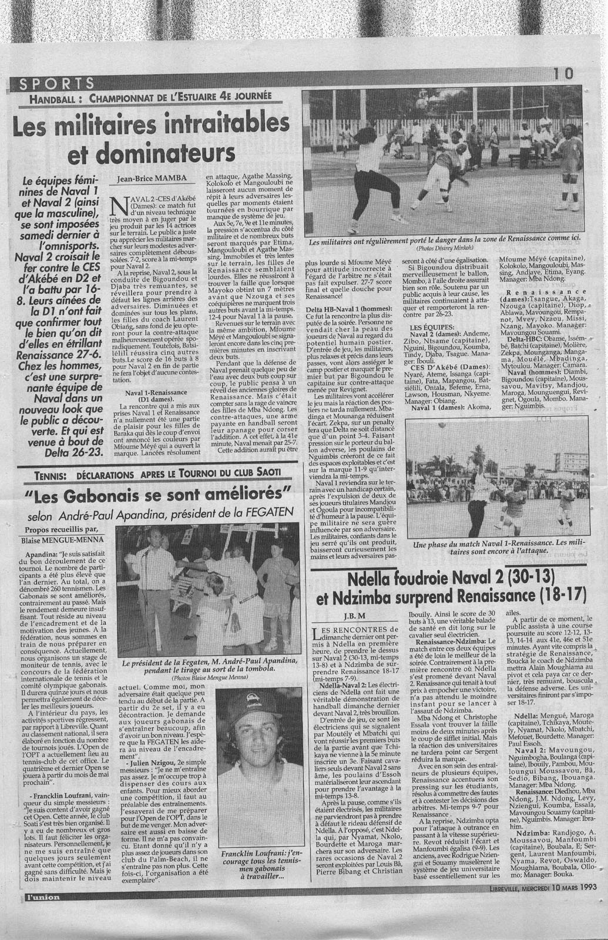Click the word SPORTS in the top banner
point(56,83)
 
